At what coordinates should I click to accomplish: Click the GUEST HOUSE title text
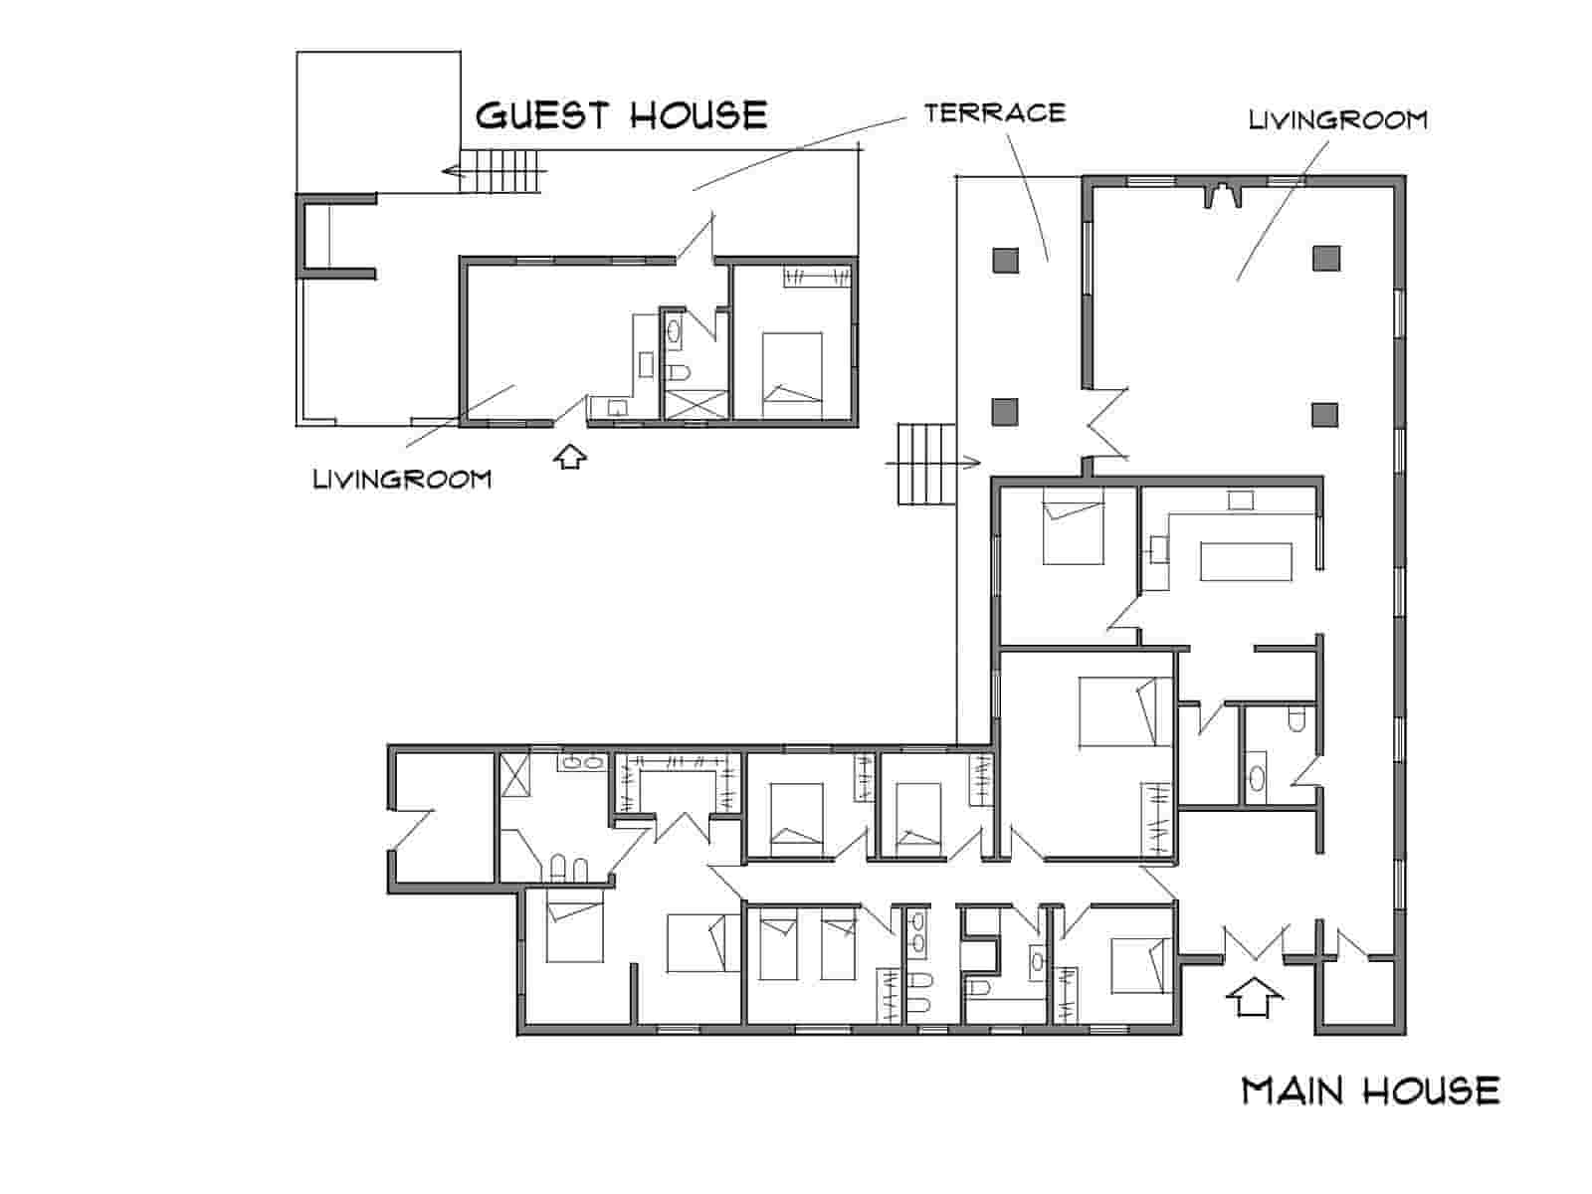(x=621, y=115)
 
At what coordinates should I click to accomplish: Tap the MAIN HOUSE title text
(x=1370, y=1092)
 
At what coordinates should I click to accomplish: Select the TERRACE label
(x=994, y=112)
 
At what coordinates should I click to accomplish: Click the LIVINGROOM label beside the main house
(x=1337, y=119)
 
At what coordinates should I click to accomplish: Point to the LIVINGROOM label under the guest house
(x=402, y=479)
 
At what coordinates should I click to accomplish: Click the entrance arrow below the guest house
(x=570, y=457)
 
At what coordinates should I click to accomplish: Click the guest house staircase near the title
(x=500, y=171)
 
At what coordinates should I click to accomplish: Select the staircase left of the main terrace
(x=926, y=464)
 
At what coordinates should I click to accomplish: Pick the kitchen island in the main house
(x=1246, y=561)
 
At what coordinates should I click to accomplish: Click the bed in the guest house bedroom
(x=791, y=375)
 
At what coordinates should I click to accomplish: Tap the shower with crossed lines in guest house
(x=696, y=405)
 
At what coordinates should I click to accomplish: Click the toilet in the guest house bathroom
(x=678, y=373)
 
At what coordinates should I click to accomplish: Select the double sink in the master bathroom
(x=582, y=762)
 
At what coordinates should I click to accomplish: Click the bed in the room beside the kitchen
(x=1073, y=526)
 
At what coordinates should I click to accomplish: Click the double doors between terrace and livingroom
(x=1106, y=425)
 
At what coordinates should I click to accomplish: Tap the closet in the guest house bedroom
(x=817, y=278)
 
